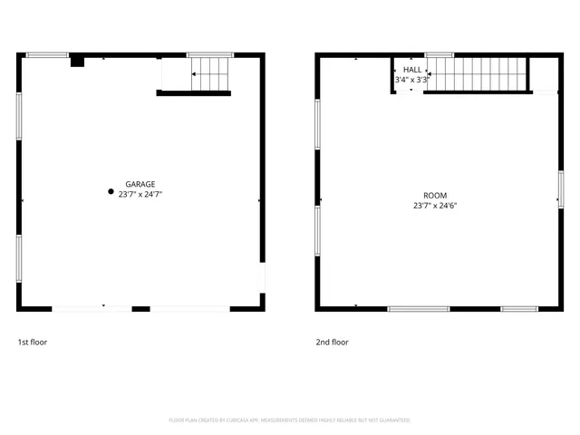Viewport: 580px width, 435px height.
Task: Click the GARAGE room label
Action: [x=140, y=183]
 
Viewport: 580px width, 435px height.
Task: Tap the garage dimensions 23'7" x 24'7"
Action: [x=140, y=194]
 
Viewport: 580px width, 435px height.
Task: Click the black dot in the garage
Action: [x=111, y=192]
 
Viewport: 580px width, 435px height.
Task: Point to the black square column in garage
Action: [x=77, y=62]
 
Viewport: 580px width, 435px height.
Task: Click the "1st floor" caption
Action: [x=33, y=343]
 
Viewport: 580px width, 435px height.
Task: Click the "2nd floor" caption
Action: [x=332, y=343]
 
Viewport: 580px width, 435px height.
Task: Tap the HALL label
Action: [x=412, y=70]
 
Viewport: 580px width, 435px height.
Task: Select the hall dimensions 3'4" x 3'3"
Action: [x=411, y=80]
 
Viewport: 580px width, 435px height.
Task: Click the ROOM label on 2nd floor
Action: [x=435, y=196]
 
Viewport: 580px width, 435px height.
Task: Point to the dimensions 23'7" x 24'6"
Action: [x=435, y=206]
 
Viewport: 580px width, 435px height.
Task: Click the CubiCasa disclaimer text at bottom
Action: [x=290, y=420]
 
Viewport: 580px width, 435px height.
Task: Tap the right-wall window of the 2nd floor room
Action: [x=561, y=191]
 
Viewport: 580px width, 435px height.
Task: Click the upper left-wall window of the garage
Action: [x=18, y=116]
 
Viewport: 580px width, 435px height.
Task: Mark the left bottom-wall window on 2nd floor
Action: [x=419, y=309]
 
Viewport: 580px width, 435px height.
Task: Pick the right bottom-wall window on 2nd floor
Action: [x=519, y=309]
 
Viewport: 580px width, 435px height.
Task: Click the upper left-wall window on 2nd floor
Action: [x=317, y=123]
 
